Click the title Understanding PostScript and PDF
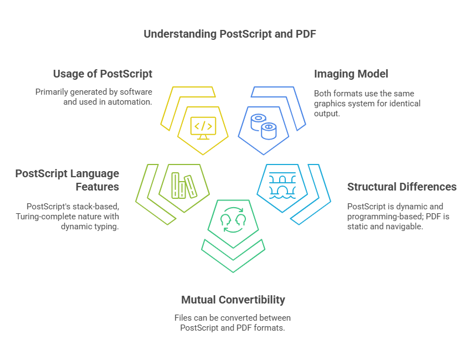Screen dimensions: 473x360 pyautogui.click(x=229, y=34)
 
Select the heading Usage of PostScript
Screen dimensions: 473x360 pyautogui.click(x=102, y=74)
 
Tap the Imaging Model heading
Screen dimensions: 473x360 pyautogui.click(x=351, y=74)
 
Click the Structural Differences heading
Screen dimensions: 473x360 pyautogui.click(x=402, y=187)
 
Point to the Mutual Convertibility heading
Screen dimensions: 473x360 pyautogui.click(x=233, y=300)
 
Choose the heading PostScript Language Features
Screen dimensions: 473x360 pyautogui.click(x=67, y=180)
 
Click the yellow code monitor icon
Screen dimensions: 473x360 pyautogui.click(x=203, y=128)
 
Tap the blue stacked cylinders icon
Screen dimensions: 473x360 pyautogui.click(x=263, y=127)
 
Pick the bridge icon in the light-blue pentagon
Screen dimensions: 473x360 pyautogui.click(x=282, y=186)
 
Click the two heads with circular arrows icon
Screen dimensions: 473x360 pyautogui.click(x=233, y=220)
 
